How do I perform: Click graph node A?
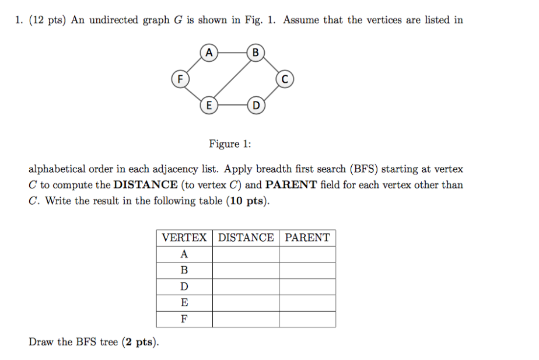(x=209, y=53)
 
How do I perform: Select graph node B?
(x=256, y=53)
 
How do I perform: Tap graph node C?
(x=284, y=79)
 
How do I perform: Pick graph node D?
(x=256, y=106)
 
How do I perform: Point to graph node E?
(x=209, y=106)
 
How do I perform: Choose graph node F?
(x=180, y=79)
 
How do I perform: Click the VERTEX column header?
(x=184, y=237)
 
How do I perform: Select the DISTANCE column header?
(x=246, y=237)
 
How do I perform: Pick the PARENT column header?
(x=307, y=237)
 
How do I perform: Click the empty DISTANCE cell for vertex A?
(x=246, y=254)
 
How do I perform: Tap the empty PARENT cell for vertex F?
(x=307, y=319)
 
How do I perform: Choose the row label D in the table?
(x=184, y=286)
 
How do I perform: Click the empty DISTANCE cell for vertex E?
(x=246, y=303)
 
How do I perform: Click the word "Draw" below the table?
(x=41, y=342)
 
